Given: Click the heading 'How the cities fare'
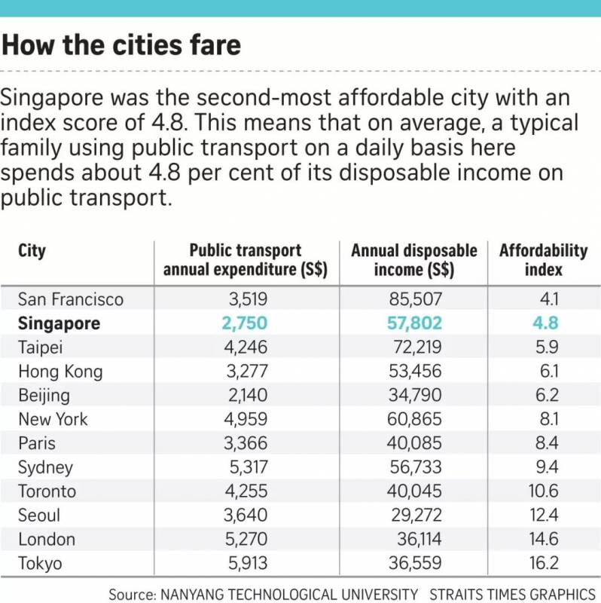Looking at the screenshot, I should [121, 44].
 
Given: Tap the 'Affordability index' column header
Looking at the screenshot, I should [543, 260].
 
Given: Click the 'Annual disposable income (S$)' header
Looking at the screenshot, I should [414, 260].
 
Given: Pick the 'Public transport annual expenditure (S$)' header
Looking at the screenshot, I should [246, 260].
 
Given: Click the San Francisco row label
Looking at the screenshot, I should [71, 299].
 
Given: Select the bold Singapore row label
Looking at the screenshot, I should [59, 323].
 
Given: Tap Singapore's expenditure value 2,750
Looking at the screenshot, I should [246, 323].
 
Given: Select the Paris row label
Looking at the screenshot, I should [37, 443].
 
